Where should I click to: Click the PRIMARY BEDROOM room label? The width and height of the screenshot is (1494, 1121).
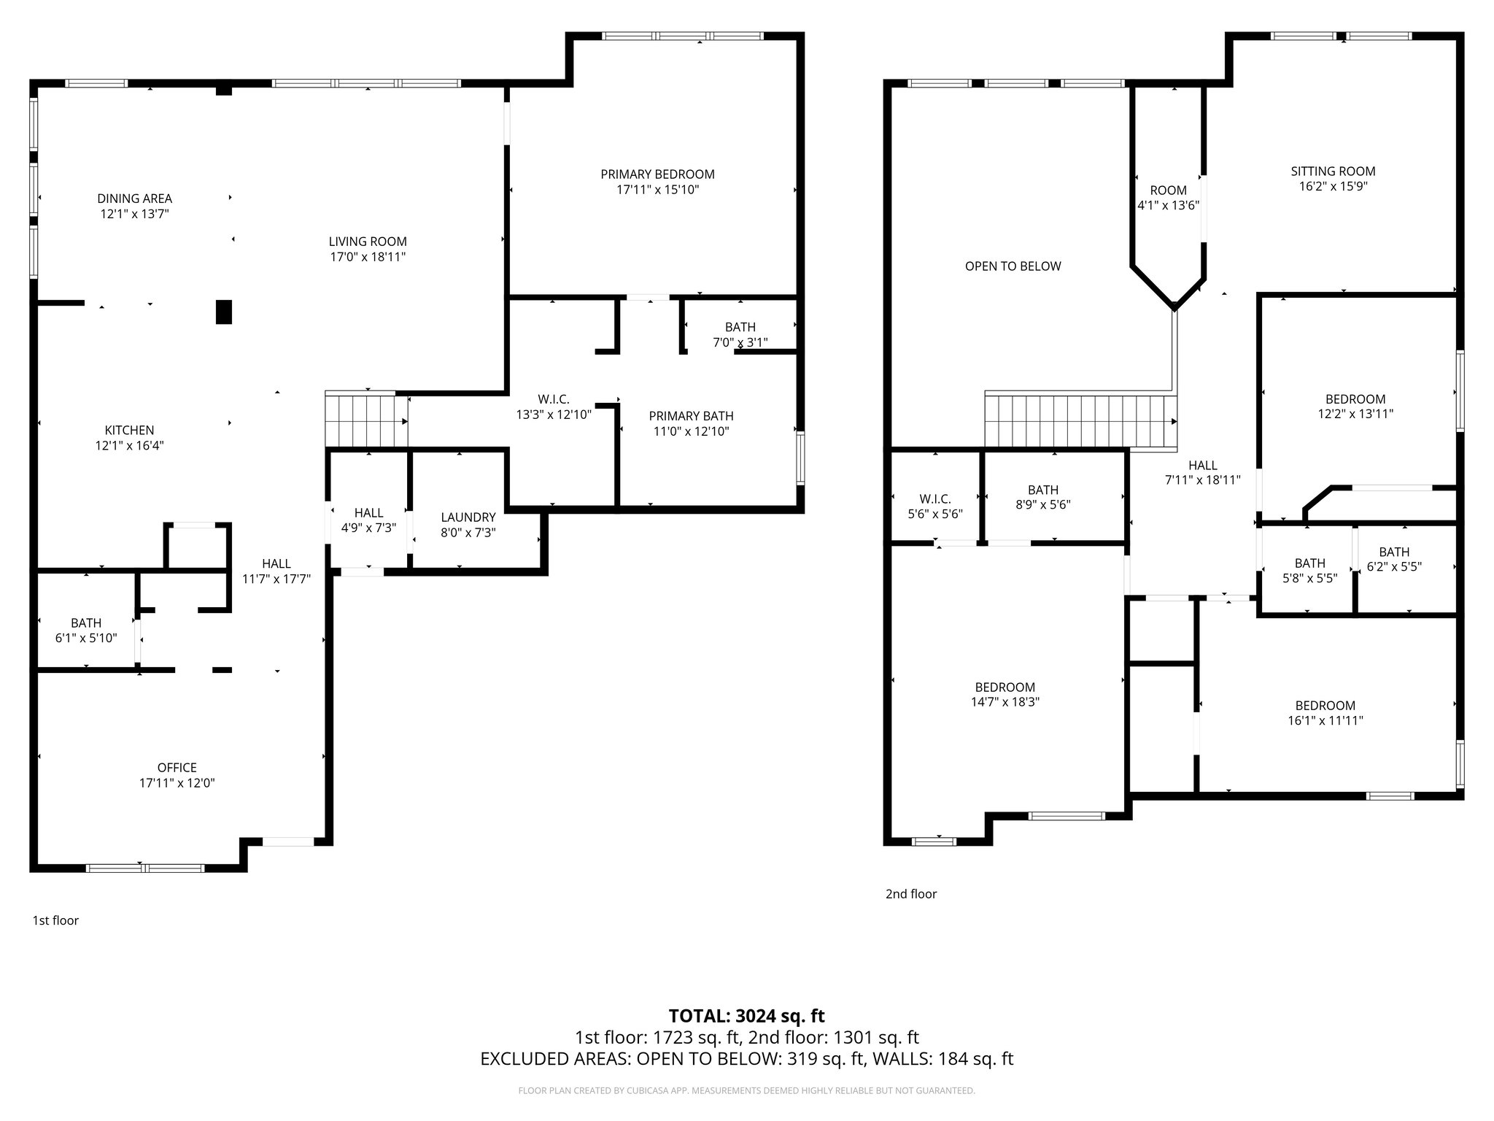point(657,174)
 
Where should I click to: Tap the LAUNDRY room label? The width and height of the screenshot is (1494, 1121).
point(468,517)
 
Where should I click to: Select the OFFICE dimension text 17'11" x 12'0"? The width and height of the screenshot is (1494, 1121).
point(177,783)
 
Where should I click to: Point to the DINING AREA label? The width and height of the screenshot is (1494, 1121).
point(134,199)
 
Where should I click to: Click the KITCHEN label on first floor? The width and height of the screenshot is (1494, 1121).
point(129,431)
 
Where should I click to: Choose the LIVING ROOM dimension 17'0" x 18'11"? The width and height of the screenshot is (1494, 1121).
point(367,257)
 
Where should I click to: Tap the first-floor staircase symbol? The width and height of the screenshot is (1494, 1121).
point(366,420)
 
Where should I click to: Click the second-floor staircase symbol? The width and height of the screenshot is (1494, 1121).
point(1080,421)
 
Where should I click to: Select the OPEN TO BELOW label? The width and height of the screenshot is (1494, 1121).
point(1013,266)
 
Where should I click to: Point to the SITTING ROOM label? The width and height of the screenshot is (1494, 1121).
point(1333,172)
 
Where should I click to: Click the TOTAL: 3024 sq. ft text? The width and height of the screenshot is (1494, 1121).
point(746,1016)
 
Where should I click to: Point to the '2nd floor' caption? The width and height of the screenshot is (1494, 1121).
point(910,894)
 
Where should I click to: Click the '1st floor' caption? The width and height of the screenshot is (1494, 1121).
point(55,920)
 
